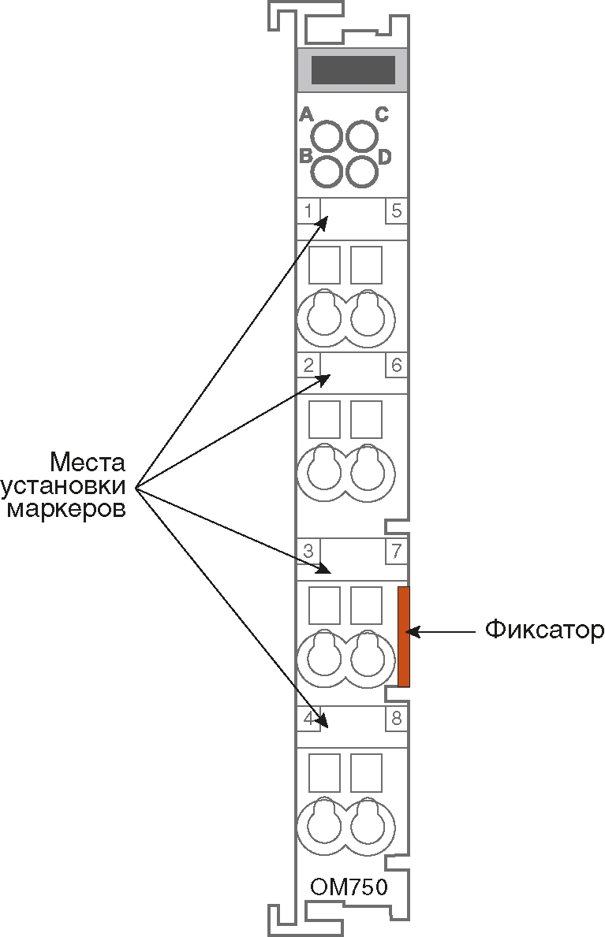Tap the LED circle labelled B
coord(327,172)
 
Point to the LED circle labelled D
coord(362,172)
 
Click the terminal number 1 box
coord(308,211)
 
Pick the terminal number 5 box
coord(396,211)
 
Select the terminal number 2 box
coord(308,365)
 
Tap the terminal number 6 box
coord(396,365)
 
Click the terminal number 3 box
coord(308,551)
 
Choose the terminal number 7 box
coord(396,551)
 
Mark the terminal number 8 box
coord(396,718)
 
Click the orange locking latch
coord(404,637)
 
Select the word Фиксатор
coord(544,630)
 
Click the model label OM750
coord(349,887)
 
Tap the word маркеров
coord(66,511)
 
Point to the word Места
coord(88,462)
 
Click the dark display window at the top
coord(353,70)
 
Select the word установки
coord(63,486)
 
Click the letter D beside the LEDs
coord(384,157)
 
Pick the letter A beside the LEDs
coord(306,114)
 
